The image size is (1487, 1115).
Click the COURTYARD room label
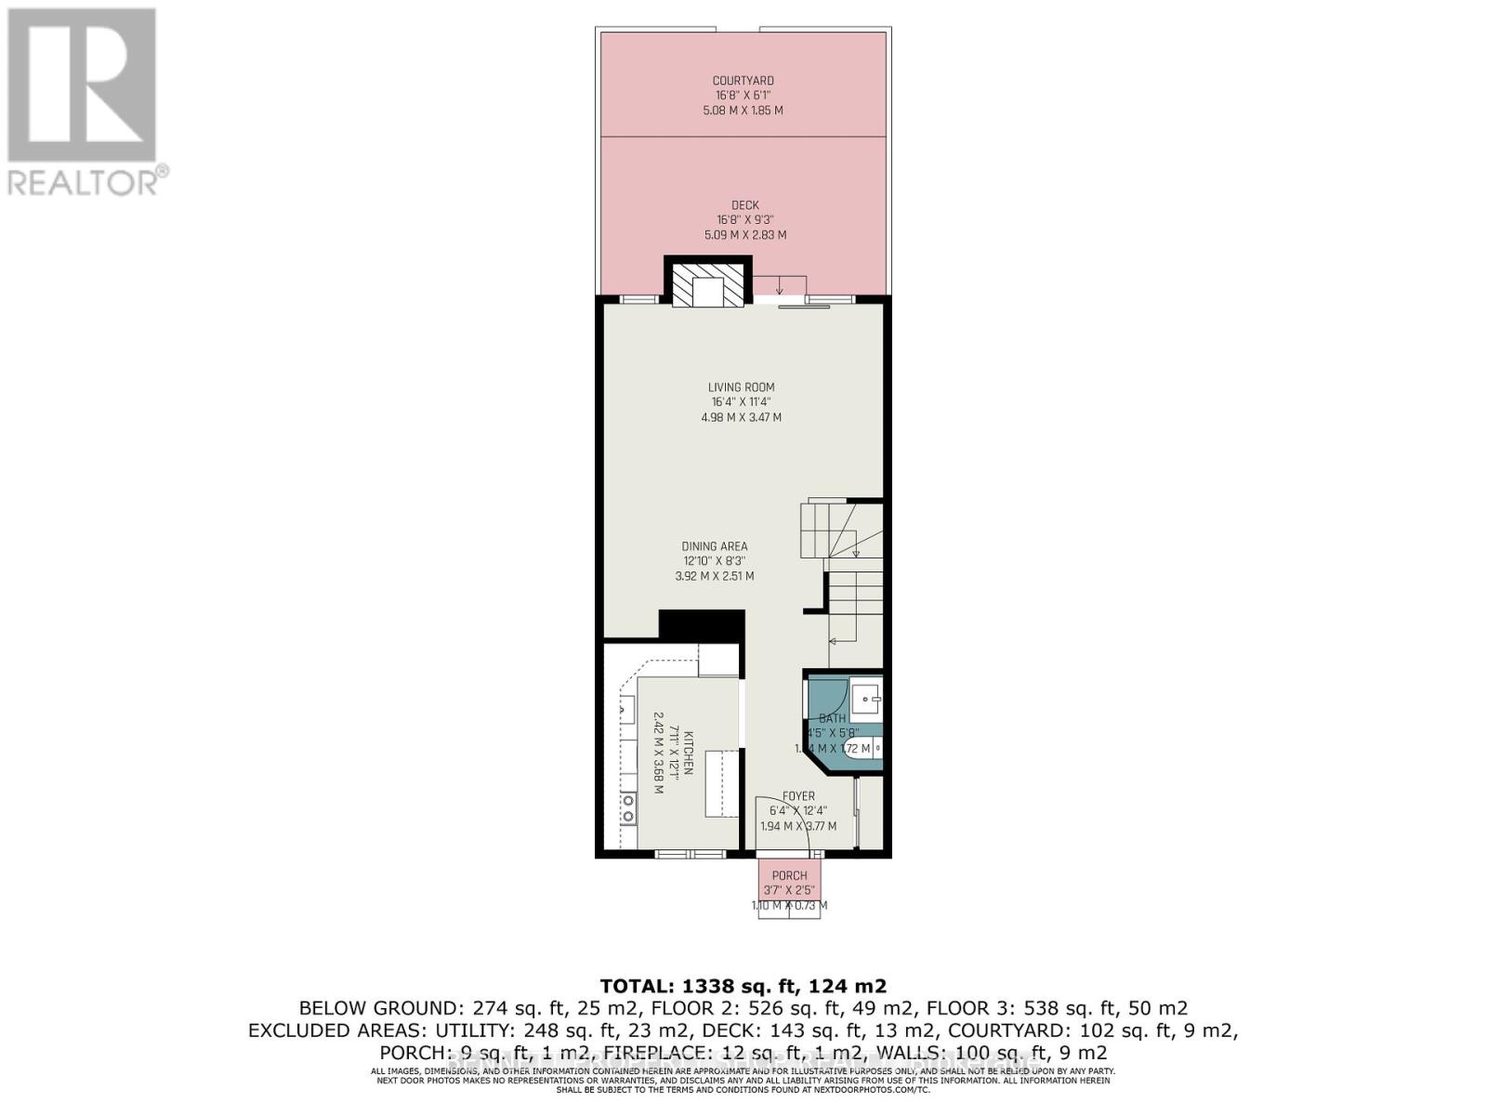point(743,81)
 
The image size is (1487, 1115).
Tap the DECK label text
point(744,205)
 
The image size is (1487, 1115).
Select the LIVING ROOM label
point(741,387)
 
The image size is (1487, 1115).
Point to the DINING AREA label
point(714,546)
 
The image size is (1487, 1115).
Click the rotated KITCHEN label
point(689,753)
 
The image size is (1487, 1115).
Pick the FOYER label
point(798,796)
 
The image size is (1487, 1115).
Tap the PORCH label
point(789,875)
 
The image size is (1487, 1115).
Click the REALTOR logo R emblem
point(82,85)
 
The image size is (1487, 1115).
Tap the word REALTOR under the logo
point(82,182)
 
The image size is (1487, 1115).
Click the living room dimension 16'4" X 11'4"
point(741,402)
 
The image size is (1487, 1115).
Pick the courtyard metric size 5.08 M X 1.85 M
point(743,111)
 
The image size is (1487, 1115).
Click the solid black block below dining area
point(702,624)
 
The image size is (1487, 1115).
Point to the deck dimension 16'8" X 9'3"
point(744,220)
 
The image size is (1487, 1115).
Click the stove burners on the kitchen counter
point(628,808)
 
